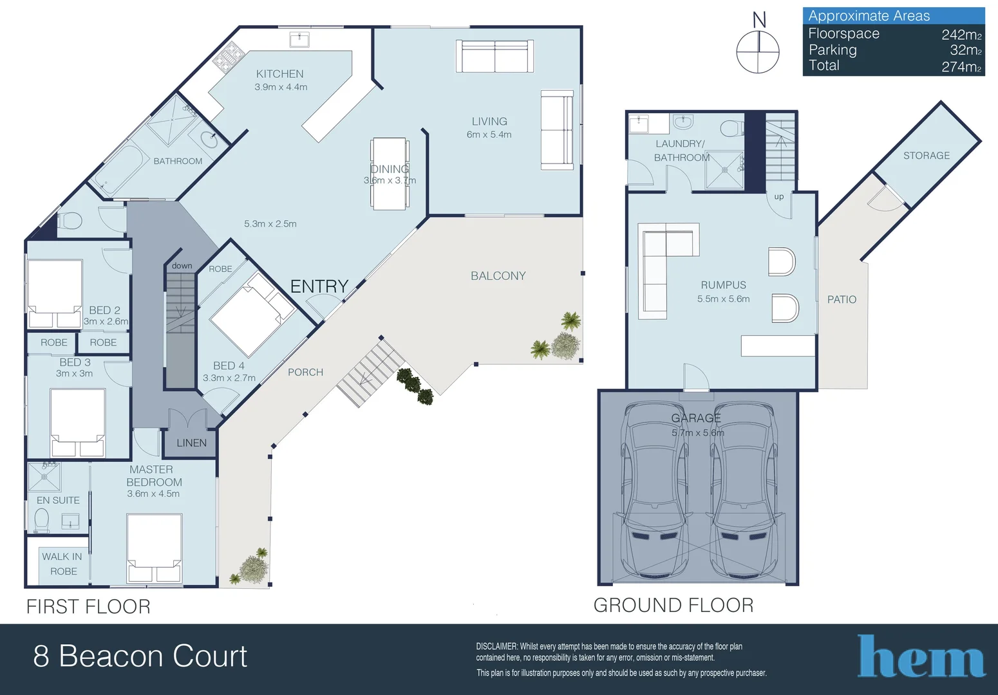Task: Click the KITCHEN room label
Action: [x=279, y=74]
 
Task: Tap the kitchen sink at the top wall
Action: [x=299, y=40]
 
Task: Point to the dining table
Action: [x=389, y=174]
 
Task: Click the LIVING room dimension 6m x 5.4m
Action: [x=489, y=134]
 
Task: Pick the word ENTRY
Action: [x=319, y=286]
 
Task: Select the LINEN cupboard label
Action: [x=191, y=443]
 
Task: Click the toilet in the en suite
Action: [x=41, y=520]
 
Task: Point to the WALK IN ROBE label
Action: [x=62, y=564]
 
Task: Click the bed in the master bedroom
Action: [x=154, y=547]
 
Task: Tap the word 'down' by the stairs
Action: [x=182, y=266]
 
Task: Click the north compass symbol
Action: [x=758, y=50]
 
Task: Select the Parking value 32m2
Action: [x=965, y=50]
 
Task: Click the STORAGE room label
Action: [x=926, y=156]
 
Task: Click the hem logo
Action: [x=921, y=656]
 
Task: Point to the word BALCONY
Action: [x=498, y=276]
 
